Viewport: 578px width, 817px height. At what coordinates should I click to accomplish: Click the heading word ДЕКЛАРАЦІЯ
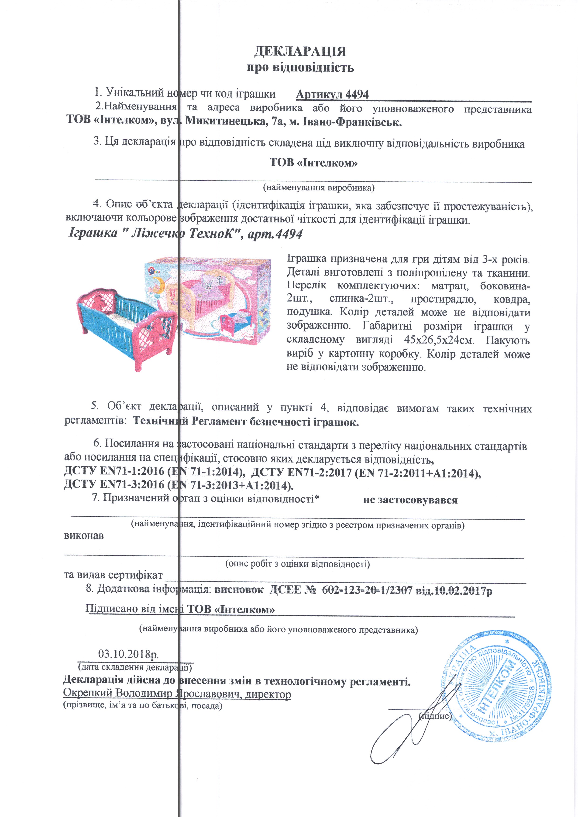click(x=300, y=52)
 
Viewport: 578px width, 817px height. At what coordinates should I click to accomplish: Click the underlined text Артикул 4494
click(x=332, y=94)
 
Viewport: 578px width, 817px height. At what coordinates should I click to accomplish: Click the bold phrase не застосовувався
click(x=410, y=500)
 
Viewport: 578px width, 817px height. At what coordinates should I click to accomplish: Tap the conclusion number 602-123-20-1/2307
click(x=367, y=590)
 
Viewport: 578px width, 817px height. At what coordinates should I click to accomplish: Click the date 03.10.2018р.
click(x=128, y=654)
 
